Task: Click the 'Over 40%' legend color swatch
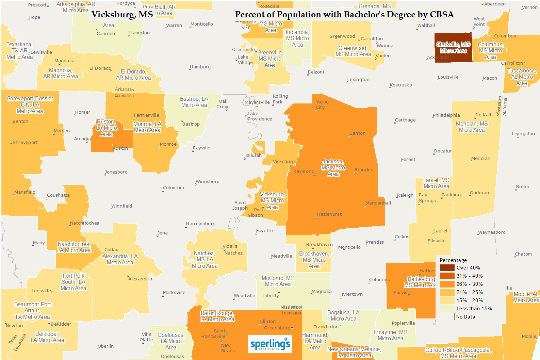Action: click(447, 268)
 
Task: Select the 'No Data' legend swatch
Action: click(447, 317)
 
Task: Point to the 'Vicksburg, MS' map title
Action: click(122, 15)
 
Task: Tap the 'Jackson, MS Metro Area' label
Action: click(333, 168)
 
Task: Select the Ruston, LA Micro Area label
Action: click(107, 128)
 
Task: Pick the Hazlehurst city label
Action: click(329, 214)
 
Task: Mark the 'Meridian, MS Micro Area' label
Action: click(472, 127)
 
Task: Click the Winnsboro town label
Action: click(208, 182)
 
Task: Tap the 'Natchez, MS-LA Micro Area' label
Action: click(204, 260)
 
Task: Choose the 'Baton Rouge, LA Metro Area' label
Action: click(217, 316)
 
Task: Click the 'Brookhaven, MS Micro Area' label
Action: click(314, 260)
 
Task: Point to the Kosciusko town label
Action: click(401, 85)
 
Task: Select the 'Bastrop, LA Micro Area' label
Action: click(194, 102)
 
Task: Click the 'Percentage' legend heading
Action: click(453, 260)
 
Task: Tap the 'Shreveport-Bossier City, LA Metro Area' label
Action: click(30, 105)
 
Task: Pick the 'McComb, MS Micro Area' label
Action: click(278, 281)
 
